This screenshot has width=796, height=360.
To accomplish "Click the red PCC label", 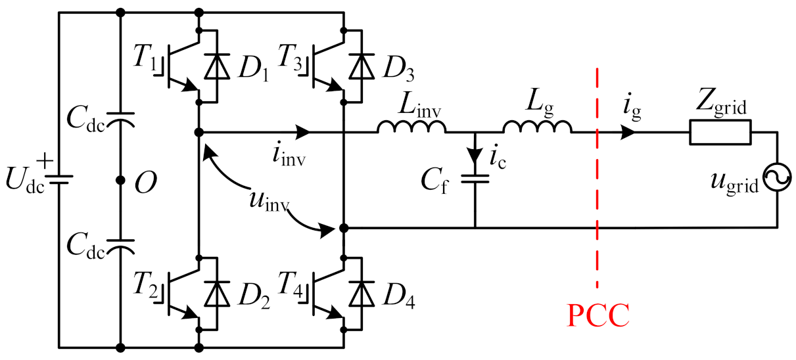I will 598,316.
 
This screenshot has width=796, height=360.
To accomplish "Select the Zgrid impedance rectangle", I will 720,133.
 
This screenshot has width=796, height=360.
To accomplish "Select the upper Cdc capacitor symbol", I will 120,121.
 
